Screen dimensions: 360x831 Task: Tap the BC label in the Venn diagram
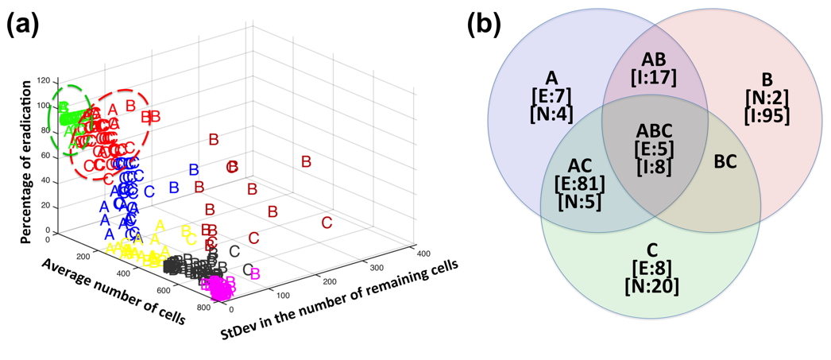click(x=725, y=161)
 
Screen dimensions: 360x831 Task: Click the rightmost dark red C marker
click(x=327, y=223)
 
